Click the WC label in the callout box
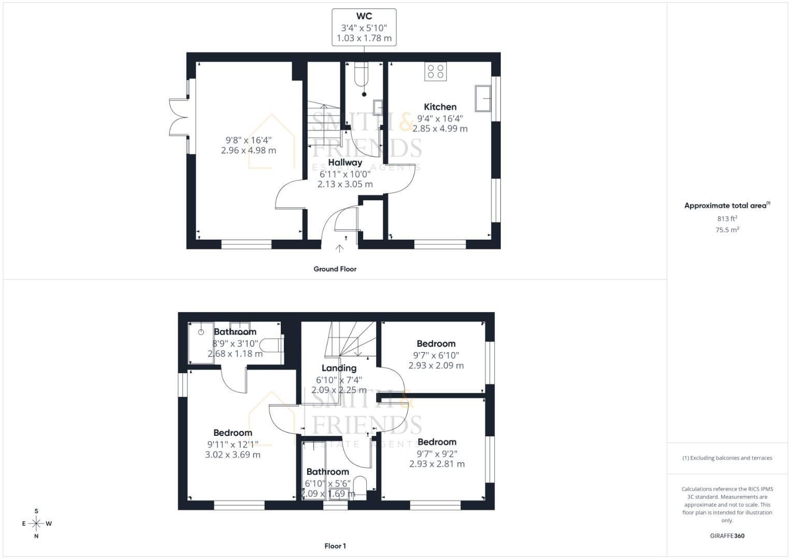tap(364, 17)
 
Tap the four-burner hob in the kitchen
tap(435, 71)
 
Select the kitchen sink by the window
tap(483, 98)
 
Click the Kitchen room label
tap(440, 107)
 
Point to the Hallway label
tap(345, 163)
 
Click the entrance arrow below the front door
tap(339, 249)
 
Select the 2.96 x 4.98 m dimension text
tap(248, 151)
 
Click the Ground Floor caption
tap(335, 269)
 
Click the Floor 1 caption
tap(335, 546)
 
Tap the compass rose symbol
tap(36, 524)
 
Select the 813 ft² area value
tap(727, 219)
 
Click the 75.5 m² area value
tap(727, 230)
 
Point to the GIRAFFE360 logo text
tap(727, 536)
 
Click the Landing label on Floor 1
tap(339, 368)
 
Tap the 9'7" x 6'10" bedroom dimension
tap(436, 356)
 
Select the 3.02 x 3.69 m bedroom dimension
tap(233, 455)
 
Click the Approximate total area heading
tap(726, 205)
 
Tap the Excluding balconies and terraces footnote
tap(727, 458)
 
